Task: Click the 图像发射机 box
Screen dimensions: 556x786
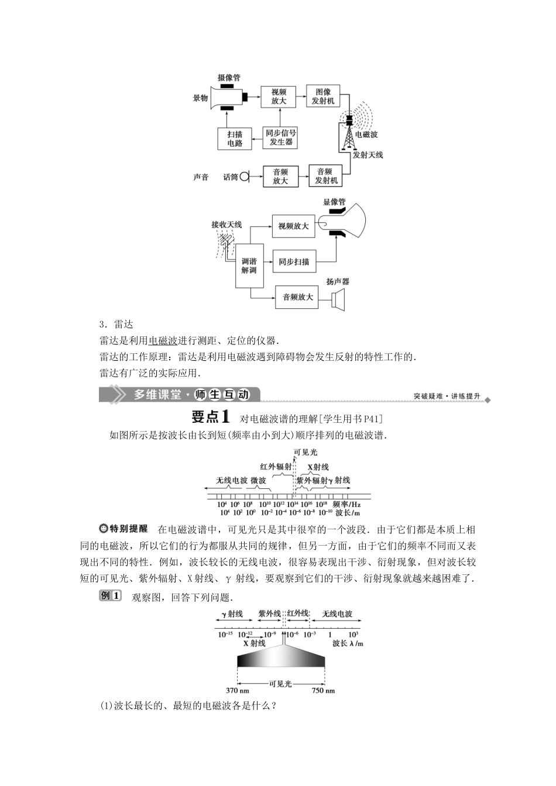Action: coord(323,96)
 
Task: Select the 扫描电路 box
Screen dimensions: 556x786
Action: coord(235,139)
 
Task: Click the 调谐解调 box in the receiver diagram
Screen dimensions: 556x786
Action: coord(249,266)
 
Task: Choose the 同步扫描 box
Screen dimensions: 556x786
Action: coord(294,261)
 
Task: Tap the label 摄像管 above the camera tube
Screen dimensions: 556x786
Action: coord(229,78)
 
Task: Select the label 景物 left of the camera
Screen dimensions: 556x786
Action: coord(201,98)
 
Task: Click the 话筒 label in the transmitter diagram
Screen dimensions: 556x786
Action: coord(231,177)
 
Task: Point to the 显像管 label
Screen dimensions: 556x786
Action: coord(334,202)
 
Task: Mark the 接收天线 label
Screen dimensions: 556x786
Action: coord(226,224)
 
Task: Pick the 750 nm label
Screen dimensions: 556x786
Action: coord(323,691)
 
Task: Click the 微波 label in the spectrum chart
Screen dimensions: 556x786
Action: coord(258,480)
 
